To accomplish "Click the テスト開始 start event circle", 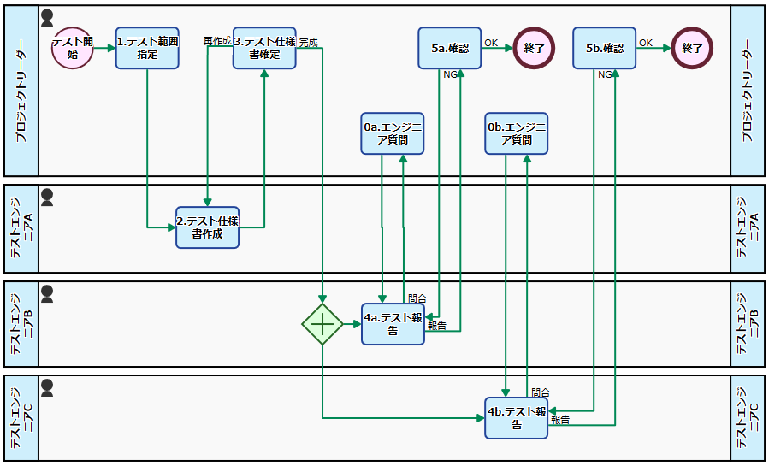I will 73,48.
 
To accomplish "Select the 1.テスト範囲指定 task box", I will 147,48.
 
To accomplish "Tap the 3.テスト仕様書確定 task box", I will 264,48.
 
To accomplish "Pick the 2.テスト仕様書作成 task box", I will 208,227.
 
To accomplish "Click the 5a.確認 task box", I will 450,48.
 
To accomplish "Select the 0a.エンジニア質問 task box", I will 393,133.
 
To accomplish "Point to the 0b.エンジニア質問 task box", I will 517,133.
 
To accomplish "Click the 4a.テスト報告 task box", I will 393,324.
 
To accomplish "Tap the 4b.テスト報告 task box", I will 517,418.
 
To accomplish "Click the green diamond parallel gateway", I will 322,324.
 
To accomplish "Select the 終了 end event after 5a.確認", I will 535,48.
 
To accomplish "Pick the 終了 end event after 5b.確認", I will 693,48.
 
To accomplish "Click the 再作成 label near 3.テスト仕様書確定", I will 216,41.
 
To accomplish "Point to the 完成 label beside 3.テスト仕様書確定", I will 308,41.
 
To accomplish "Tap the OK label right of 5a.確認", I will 491,42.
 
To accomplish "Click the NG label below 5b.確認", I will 605,74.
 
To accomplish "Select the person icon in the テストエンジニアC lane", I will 47,388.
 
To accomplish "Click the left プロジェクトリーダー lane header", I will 21,91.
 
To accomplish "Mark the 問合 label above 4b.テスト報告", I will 541,392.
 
